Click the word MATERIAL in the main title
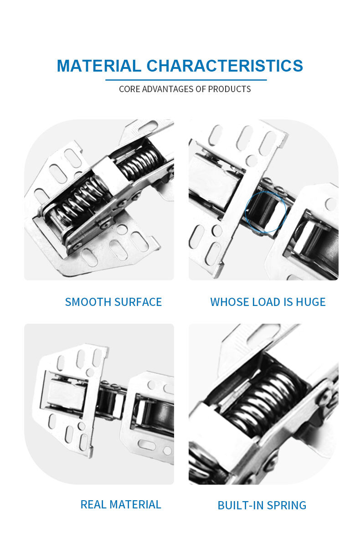(x=99, y=66)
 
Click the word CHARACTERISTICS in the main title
(x=225, y=66)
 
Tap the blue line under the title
(x=186, y=80)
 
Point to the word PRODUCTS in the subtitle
(x=229, y=89)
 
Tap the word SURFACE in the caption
(x=138, y=302)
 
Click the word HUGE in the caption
(x=311, y=302)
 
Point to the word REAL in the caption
(x=93, y=505)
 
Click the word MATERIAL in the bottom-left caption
(x=135, y=505)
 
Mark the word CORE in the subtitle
(x=130, y=89)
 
